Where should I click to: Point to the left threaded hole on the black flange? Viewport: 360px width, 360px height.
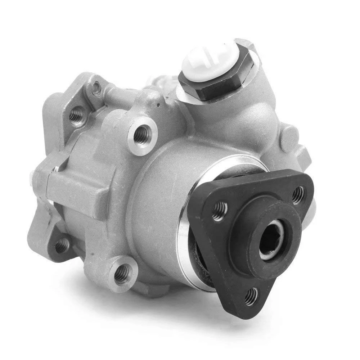click(219, 211)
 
